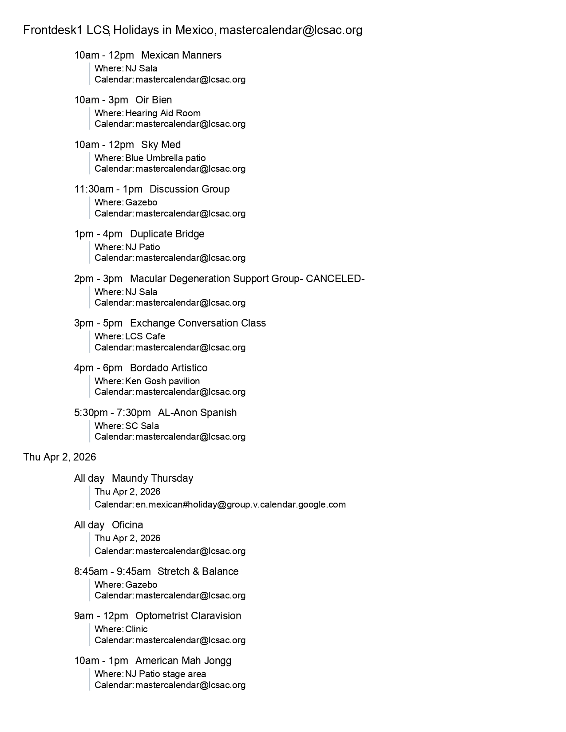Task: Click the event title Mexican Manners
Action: coord(181,55)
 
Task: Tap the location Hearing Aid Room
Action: coord(163,113)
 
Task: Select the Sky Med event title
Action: coord(161,145)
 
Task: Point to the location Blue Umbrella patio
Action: coord(165,158)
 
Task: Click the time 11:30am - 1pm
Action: coord(108,189)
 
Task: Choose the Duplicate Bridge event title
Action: coord(167,234)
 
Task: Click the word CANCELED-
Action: coord(335,279)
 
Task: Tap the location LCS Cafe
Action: coord(145,336)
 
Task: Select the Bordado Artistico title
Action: coord(169,368)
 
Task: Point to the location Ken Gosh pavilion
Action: coord(162,381)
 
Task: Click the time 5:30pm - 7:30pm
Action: coord(112,413)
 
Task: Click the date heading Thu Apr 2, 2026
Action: coord(59,457)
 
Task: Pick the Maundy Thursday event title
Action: coord(152,478)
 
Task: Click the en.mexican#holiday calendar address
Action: coord(240,504)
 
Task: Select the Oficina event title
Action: coord(127,525)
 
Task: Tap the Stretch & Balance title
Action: coord(198,571)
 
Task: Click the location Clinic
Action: coord(136,629)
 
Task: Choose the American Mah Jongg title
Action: coord(183,661)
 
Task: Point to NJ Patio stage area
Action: coord(166,674)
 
